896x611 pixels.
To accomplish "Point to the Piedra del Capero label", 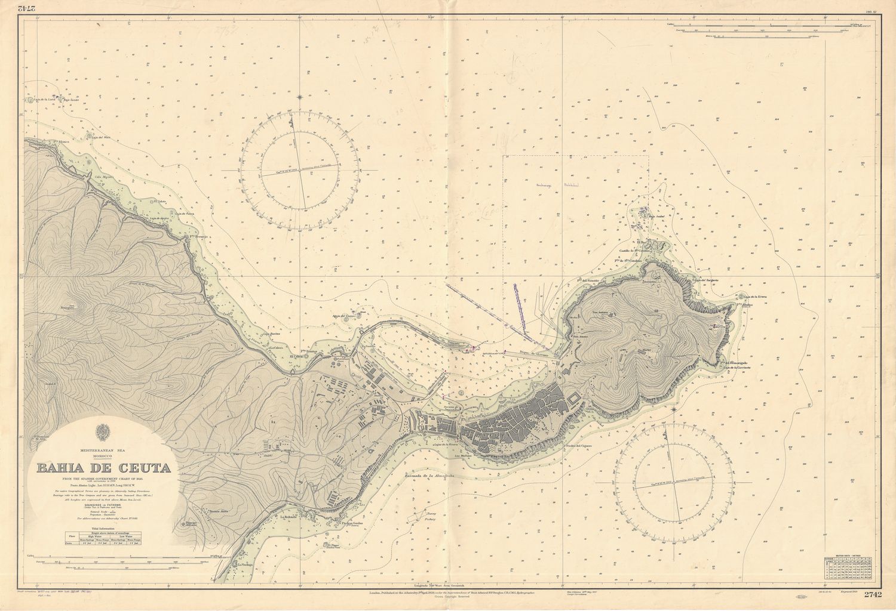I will coord(577,445).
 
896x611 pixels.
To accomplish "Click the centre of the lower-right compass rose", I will coord(675,483).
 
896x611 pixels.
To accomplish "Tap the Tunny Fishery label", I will coord(428,516).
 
